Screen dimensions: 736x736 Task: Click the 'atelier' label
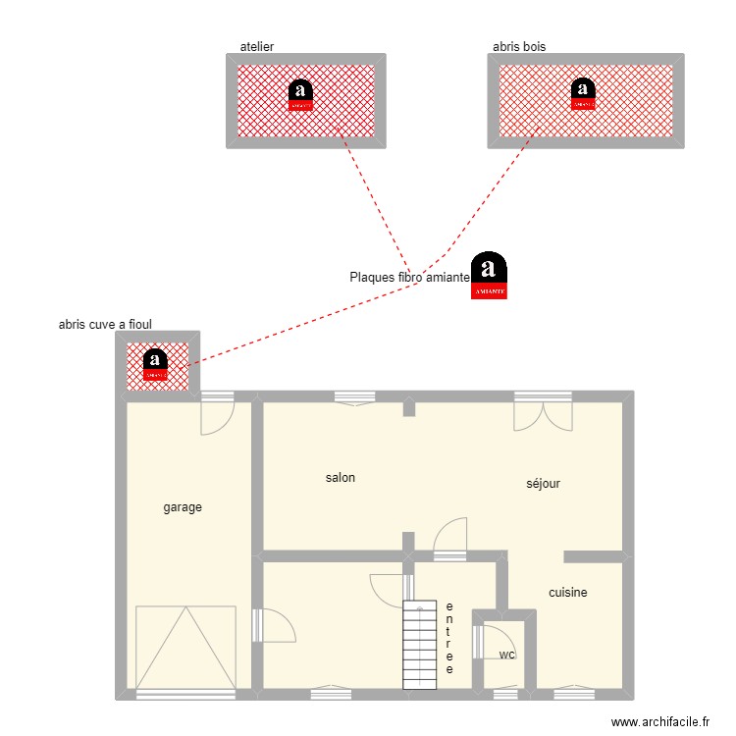[256, 46]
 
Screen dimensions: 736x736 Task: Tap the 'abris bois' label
[519, 46]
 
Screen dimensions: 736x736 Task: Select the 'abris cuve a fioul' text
[105, 324]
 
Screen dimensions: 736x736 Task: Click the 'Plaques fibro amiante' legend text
[409, 278]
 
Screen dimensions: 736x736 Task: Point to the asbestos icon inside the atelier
[302, 93]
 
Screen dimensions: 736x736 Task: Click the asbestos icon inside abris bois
[583, 93]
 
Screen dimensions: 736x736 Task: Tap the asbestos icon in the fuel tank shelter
[155, 364]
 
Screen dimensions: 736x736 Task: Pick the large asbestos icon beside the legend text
[490, 277]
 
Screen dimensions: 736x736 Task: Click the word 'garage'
[183, 507]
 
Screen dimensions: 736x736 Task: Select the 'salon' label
[341, 478]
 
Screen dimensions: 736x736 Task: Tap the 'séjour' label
[543, 483]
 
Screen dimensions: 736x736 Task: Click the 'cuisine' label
[568, 593]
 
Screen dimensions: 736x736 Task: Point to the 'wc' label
[506, 655]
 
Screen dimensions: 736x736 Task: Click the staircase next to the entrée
[419, 645]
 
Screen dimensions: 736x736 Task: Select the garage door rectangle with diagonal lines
[185, 647]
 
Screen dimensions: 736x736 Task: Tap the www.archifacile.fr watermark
[659, 721]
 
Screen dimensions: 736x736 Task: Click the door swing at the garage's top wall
[216, 417]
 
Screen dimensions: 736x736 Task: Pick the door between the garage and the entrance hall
[275, 626]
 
